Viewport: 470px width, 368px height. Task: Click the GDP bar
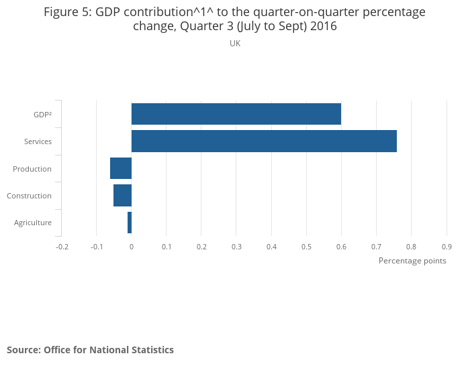236,114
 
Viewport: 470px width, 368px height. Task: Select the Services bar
264,141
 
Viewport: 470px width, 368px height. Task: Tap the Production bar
121,168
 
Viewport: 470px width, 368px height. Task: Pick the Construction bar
122,196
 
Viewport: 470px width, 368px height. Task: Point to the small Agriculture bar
130,223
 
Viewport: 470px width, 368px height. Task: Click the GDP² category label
42,115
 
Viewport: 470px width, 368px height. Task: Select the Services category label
38,141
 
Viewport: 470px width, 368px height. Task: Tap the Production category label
32,169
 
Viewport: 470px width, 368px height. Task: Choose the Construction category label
29,196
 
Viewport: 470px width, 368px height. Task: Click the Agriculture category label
33,223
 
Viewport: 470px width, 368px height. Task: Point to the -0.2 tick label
62,247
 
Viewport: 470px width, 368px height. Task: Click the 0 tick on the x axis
132,247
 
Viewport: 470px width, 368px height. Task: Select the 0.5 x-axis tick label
306,247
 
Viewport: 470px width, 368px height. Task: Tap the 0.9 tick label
446,247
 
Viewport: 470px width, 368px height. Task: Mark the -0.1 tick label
97,247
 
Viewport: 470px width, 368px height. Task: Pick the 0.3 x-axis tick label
236,247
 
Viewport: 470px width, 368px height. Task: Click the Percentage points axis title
412,261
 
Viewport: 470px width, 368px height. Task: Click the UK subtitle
235,43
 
